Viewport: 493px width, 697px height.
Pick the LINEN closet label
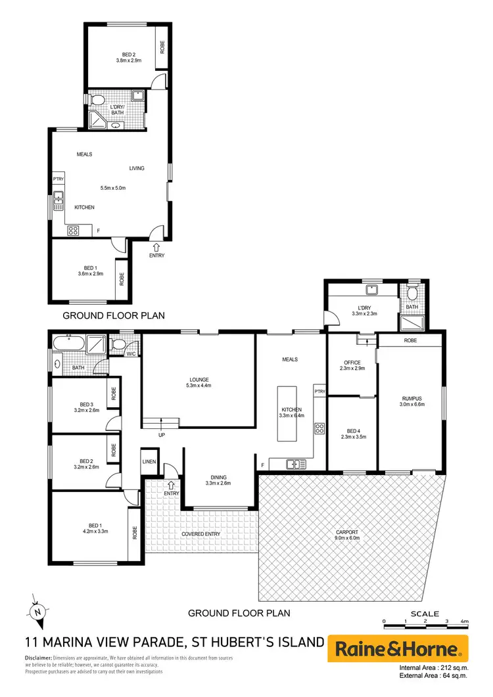point(149,462)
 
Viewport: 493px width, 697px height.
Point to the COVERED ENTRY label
point(200,534)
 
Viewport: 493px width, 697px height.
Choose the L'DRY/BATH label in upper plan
point(118,109)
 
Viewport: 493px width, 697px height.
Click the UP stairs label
point(161,435)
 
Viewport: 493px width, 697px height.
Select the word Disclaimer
point(38,658)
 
